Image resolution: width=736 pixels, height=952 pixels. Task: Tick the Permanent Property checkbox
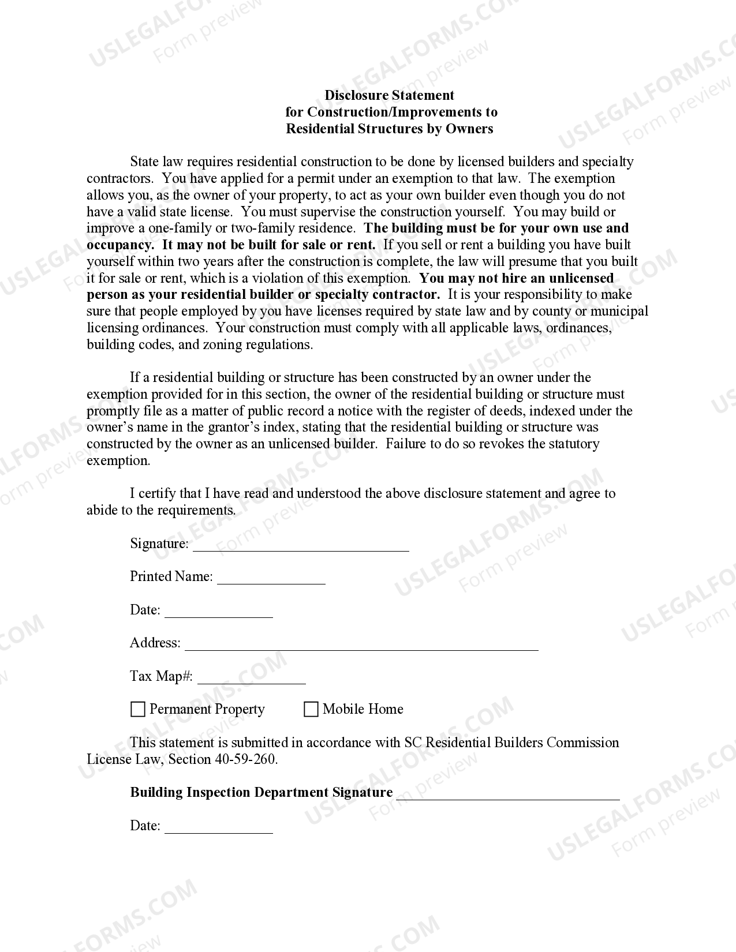tap(138, 709)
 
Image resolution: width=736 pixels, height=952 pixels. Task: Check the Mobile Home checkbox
tap(311, 709)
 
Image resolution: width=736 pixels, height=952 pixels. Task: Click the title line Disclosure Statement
tap(389, 95)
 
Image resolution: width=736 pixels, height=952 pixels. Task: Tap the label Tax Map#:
tap(162, 676)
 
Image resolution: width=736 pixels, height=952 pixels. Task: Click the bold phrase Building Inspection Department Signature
tap(261, 793)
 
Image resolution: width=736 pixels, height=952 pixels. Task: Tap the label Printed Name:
tap(171, 576)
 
